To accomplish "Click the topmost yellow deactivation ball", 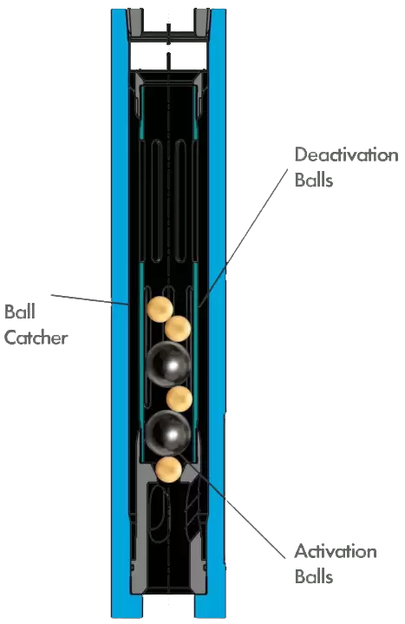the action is pos(160,309).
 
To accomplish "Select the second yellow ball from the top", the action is pos(178,329).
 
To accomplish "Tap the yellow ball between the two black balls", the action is pos(180,398).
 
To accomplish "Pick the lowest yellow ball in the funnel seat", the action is pos(169,470).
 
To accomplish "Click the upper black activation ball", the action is pos(168,364).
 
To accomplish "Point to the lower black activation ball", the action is pos(168,433).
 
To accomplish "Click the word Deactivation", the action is pos(347,154).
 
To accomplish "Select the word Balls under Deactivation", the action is pos(314,180).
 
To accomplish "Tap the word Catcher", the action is pos(36,338).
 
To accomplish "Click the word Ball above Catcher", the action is pos(20,312).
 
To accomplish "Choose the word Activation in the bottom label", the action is pos(336,552).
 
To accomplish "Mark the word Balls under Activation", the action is pos(314,577).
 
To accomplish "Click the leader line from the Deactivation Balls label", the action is pos(244,238).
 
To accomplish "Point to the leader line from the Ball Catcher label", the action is pos(90,300).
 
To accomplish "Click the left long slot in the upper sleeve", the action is pos(157,200).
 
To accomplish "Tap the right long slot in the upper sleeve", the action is pos(180,200).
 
